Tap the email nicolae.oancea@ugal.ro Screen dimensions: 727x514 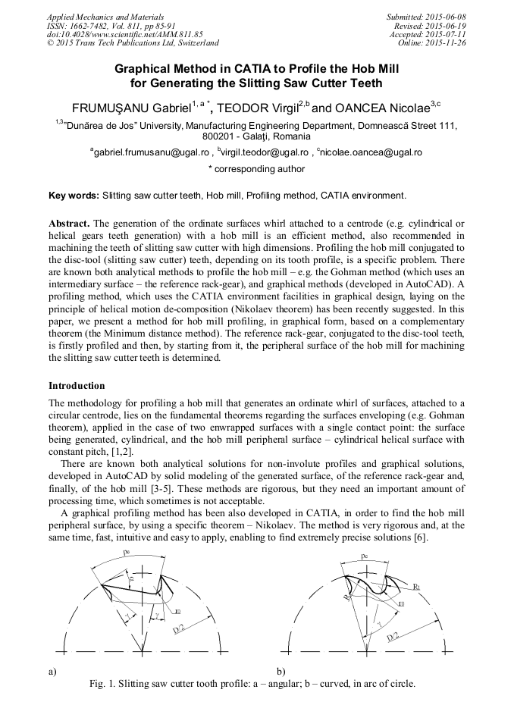(371, 152)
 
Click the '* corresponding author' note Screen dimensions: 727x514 (256, 169)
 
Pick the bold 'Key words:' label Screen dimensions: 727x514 (74, 196)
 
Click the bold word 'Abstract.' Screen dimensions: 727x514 (70, 224)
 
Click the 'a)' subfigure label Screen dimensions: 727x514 (53, 671)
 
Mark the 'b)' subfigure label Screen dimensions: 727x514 (281, 671)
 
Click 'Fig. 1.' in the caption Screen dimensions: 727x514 (103, 683)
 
